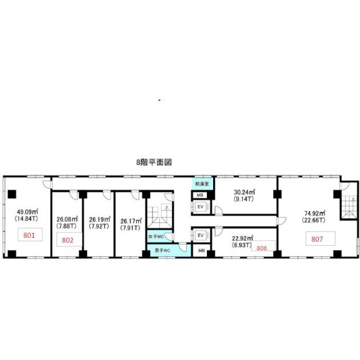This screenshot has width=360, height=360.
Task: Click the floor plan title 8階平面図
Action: tap(154, 162)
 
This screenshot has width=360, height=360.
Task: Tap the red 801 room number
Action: tap(29, 235)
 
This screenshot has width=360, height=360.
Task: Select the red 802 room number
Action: tap(67, 240)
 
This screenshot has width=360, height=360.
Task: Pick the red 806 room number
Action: tap(262, 248)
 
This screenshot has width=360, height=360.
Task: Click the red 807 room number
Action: tap(317, 239)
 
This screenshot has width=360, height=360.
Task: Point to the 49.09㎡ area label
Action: tap(27, 211)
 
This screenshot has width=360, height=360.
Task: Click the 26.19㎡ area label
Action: tap(99, 219)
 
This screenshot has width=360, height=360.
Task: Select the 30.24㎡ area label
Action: tap(245, 192)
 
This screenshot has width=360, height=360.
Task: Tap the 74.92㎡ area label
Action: tap(315, 213)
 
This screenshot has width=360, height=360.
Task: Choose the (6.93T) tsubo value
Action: tap(242, 245)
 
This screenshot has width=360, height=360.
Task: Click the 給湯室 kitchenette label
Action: tap(202, 183)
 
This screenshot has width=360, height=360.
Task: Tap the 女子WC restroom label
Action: tap(156, 236)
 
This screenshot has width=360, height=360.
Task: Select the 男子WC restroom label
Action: tap(162, 250)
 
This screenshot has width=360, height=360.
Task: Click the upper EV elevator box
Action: tap(201, 207)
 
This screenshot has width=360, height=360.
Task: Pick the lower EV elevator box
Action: tap(201, 235)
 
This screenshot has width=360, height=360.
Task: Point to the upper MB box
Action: tap(200, 195)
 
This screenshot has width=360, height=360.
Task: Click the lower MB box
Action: tap(201, 250)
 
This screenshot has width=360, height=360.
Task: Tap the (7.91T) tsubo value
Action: tap(130, 228)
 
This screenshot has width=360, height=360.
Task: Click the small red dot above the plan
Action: tap(159, 100)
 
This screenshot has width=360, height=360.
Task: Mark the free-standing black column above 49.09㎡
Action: tap(12, 194)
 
